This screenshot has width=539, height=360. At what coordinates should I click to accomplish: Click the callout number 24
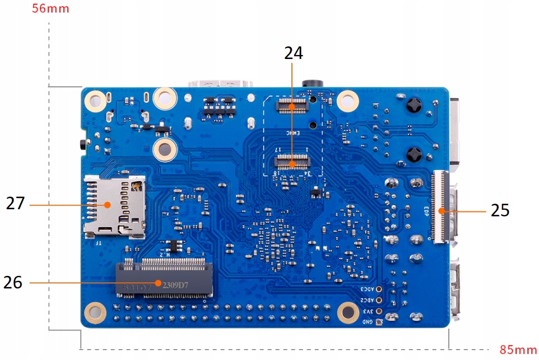tap(293, 53)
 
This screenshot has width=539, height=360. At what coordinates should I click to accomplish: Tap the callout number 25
tap(500, 210)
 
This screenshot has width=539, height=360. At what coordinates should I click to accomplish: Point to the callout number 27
tap(15, 204)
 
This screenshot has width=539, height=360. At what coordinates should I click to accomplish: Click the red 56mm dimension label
tap(50, 9)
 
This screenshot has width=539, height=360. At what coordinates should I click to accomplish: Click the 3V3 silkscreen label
tap(368, 311)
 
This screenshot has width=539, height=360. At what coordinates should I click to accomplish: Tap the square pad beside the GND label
tap(378, 322)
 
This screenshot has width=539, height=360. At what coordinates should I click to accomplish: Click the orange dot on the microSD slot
tap(108, 204)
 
